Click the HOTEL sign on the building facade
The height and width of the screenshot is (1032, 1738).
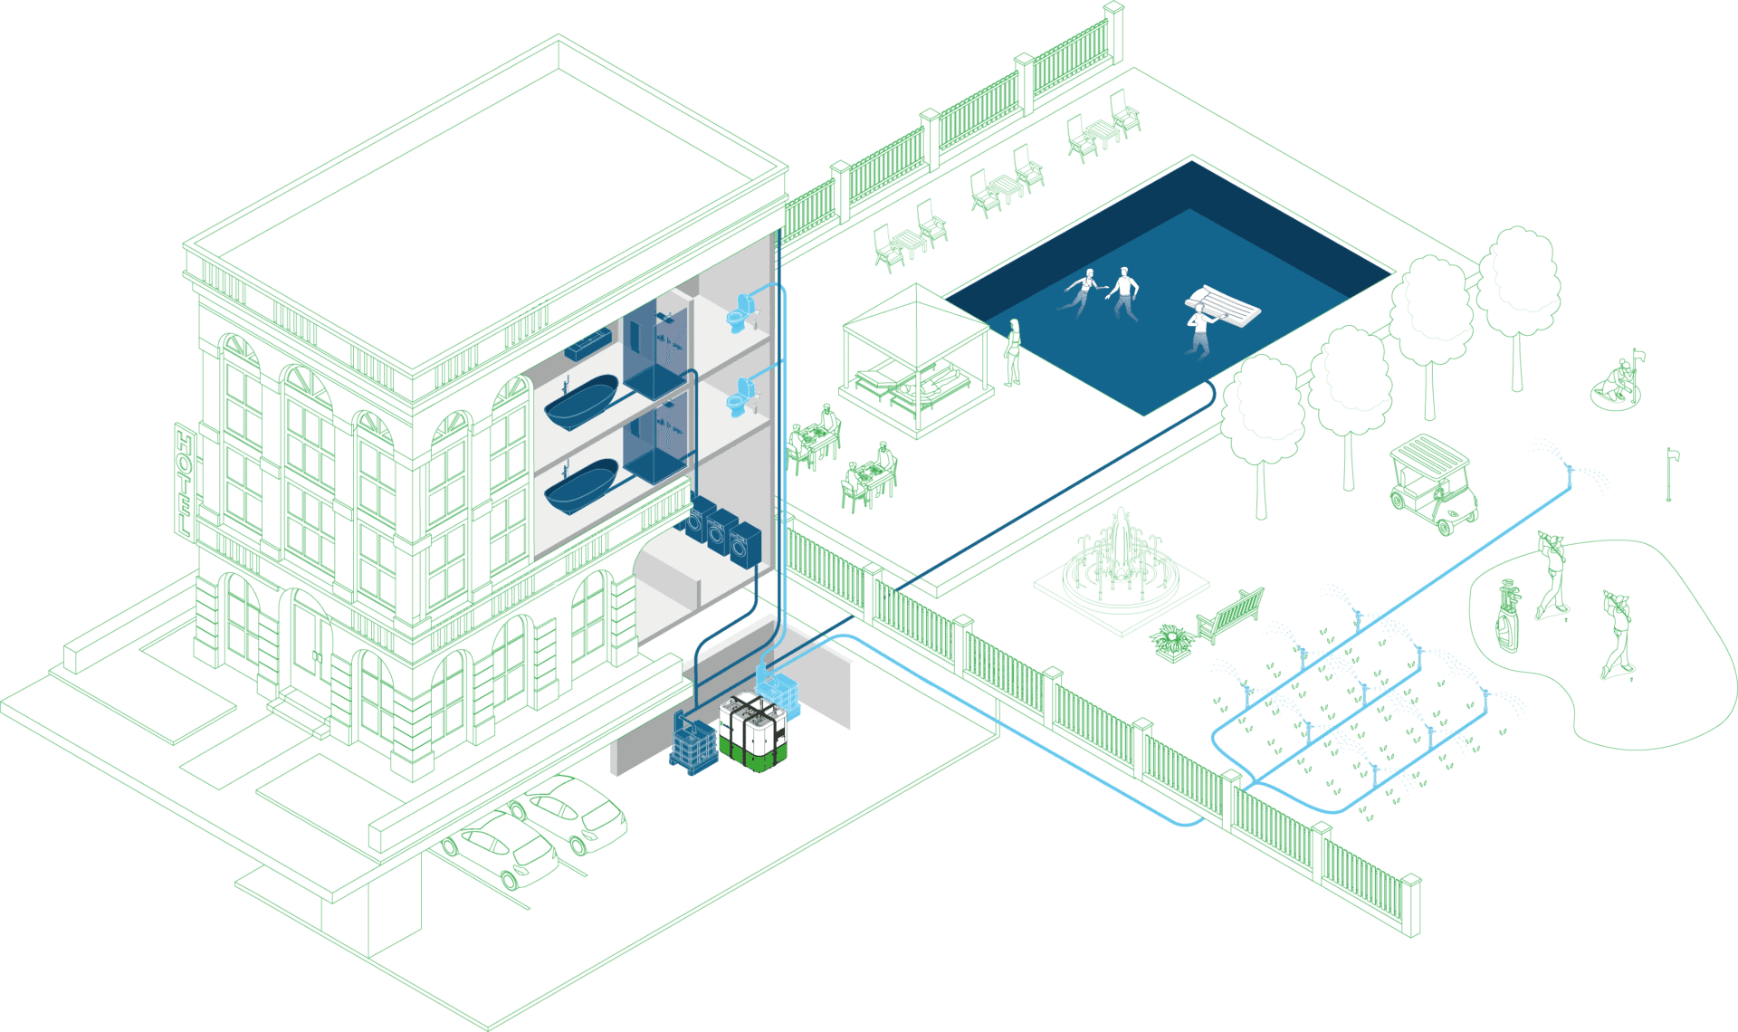pyautogui.click(x=185, y=481)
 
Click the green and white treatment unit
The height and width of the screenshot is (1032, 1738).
pyautogui.click(x=754, y=731)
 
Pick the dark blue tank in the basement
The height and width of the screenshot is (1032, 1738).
pyautogui.click(x=693, y=743)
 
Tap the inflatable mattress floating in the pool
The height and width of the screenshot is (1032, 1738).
pyautogui.click(x=1224, y=306)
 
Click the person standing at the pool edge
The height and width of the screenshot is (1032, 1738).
pyautogui.click(x=1014, y=351)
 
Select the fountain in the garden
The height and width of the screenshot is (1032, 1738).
pyautogui.click(x=1121, y=561)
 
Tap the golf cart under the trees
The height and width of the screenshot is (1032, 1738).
pyautogui.click(x=1433, y=483)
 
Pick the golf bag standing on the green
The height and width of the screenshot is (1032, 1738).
pyautogui.click(x=1507, y=616)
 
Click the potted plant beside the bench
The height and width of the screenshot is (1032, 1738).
pyautogui.click(x=1172, y=642)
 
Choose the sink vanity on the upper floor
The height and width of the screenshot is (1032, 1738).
pyautogui.click(x=588, y=344)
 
